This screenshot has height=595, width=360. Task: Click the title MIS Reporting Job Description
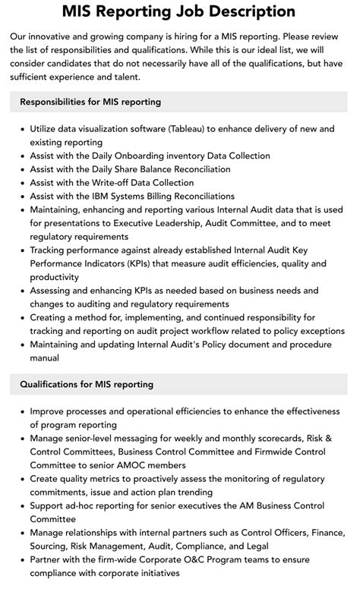[180, 11]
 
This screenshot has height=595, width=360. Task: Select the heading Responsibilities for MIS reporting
[90, 102]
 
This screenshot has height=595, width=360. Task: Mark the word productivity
[55, 277]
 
